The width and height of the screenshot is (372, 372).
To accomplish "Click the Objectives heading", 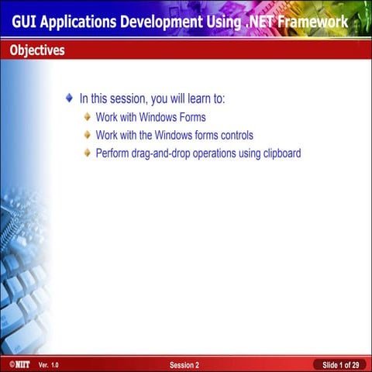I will (x=37, y=51).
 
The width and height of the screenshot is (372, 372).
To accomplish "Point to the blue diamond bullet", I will (x=70, y=99).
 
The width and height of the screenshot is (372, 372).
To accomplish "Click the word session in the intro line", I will (x=123, y=99).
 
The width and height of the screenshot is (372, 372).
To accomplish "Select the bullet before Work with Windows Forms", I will (x=88, y=118).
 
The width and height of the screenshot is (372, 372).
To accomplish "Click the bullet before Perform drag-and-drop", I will (x=88, y=153).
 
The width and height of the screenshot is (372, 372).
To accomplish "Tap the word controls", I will (x=235, y=136).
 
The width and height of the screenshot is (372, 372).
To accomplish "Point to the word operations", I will (x=215, y=153).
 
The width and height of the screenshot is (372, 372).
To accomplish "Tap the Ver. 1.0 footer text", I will (x=48, y=364).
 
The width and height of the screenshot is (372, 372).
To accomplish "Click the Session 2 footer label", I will (x=184, y=364).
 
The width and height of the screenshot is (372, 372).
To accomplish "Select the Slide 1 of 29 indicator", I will (x=339, y=364).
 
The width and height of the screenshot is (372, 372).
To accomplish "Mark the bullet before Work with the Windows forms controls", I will (x=88, y=136).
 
